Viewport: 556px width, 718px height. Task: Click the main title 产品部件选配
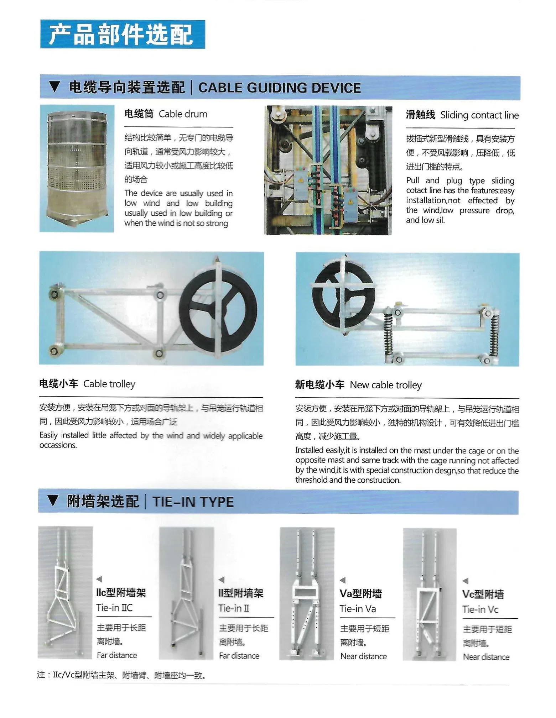[122, 35]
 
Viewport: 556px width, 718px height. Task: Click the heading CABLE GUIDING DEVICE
[279, 88]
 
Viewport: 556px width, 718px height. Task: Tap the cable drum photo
[77, 168]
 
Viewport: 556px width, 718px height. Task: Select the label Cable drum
[183, 114]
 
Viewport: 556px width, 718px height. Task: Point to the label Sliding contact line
[479, 115]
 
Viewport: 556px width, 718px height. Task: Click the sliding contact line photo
[328, 170]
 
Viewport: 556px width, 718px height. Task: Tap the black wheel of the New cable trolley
[343, 295]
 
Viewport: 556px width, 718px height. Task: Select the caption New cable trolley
[385, 385]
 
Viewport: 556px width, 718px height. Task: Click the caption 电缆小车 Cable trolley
[87, 384]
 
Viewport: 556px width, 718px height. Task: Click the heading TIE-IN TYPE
[193, 502]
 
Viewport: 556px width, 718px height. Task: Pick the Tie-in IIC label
[114, 608]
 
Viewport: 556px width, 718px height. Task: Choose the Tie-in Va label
[358, 609]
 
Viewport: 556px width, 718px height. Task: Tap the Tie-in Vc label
[480, 609]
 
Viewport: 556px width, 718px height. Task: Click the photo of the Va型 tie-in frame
[307, 593]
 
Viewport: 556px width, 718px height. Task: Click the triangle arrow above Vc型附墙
[465, 581]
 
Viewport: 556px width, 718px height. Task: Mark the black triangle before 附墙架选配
[53, 501]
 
